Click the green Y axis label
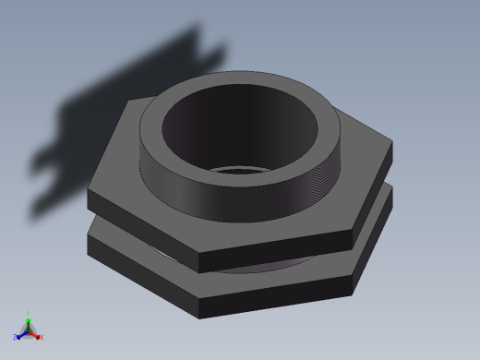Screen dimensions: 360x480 [29, 314]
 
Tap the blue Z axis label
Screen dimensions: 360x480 [16, 338]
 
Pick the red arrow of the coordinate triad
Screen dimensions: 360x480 [35, 334]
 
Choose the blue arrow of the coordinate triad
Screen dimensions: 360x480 [21, 334]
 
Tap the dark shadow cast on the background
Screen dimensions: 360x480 [120, 102]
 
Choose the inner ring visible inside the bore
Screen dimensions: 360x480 [245, 170]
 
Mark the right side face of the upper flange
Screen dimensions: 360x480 [374, 194]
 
